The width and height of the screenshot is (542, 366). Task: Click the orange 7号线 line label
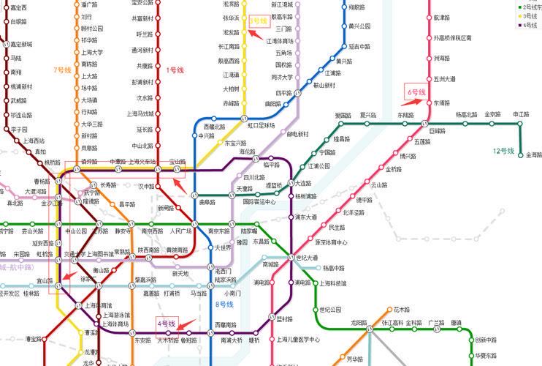pyautogui.click(x=62, y=70)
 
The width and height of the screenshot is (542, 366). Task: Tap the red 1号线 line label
pyautogui.click(x=175, y=70)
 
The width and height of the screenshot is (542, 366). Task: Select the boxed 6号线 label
pyautogui.click(x=416, y=92)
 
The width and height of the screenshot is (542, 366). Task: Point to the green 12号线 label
pyautogui.click(x=503, y=151)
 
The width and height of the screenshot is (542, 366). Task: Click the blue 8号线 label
pyautogui.click(x=224, y=304)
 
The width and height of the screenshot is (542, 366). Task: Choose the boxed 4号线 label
pyautogui.click(x=167, y=323)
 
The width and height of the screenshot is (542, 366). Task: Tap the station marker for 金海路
pyautogui.click(x=521, y=155)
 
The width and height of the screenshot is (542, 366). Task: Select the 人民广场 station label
pyautogui.click(x=180, y=231)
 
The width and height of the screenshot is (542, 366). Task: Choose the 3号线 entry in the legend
pyautogui.click(x=529, y=15)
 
